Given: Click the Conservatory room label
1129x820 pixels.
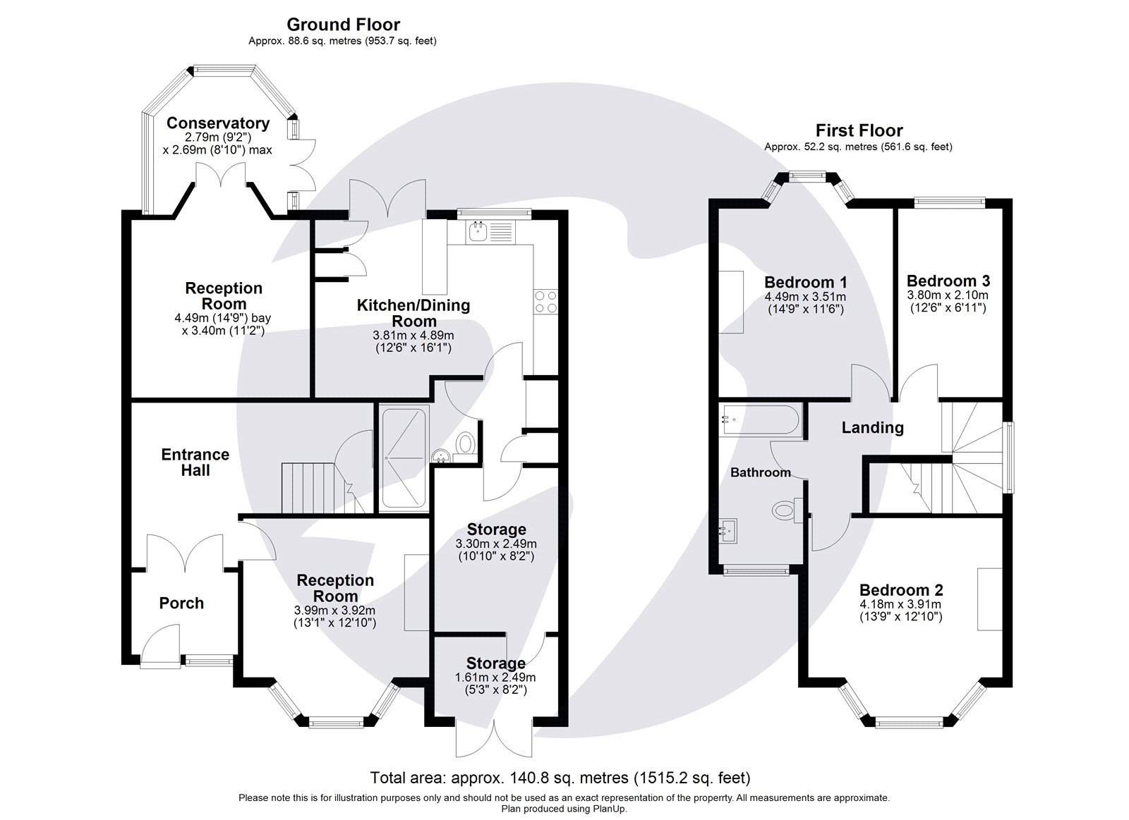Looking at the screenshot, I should tap(217, 123).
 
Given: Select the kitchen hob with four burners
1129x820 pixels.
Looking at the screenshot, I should tap(545, 302).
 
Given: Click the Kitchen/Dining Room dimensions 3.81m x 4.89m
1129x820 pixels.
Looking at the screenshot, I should tap(413, 336).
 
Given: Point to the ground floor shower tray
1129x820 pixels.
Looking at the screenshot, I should tap(404, 458).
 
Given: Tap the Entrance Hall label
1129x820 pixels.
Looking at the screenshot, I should tap(195, 462).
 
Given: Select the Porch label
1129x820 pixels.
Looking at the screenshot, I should tap(181, 603).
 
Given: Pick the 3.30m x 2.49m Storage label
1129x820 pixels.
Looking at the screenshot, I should tap(497, 529).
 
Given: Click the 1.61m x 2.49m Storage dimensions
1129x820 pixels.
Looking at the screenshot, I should tap(495, 678).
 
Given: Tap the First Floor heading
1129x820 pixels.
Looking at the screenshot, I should tap(859, 130).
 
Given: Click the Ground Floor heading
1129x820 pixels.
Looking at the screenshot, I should tap(344, 25).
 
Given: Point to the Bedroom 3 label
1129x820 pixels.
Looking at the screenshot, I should tap(948, 281).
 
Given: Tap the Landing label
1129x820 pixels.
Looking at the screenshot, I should tap(872, 427).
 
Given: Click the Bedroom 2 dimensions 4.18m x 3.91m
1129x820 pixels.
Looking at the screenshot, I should tap(900, 604).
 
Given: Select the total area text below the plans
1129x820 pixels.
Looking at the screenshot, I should tap(560, 778).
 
